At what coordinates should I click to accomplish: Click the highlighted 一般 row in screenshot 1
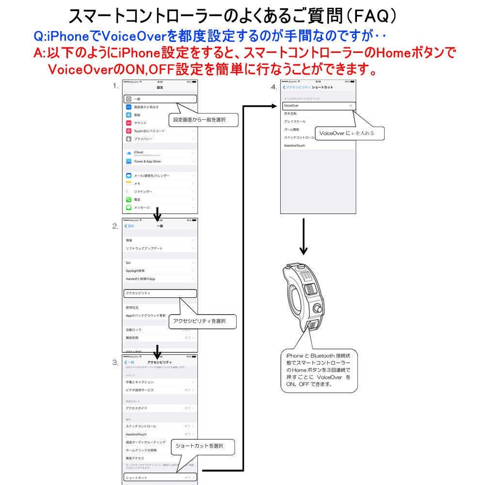(x=160, y=99)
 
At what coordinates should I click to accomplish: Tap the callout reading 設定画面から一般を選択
(x=203, y=119)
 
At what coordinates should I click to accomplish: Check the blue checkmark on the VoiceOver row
(x=350, y=105)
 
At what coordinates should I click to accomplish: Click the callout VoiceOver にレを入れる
(x=350, y=133)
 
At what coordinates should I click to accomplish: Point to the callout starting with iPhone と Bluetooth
(x=319, y=370)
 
